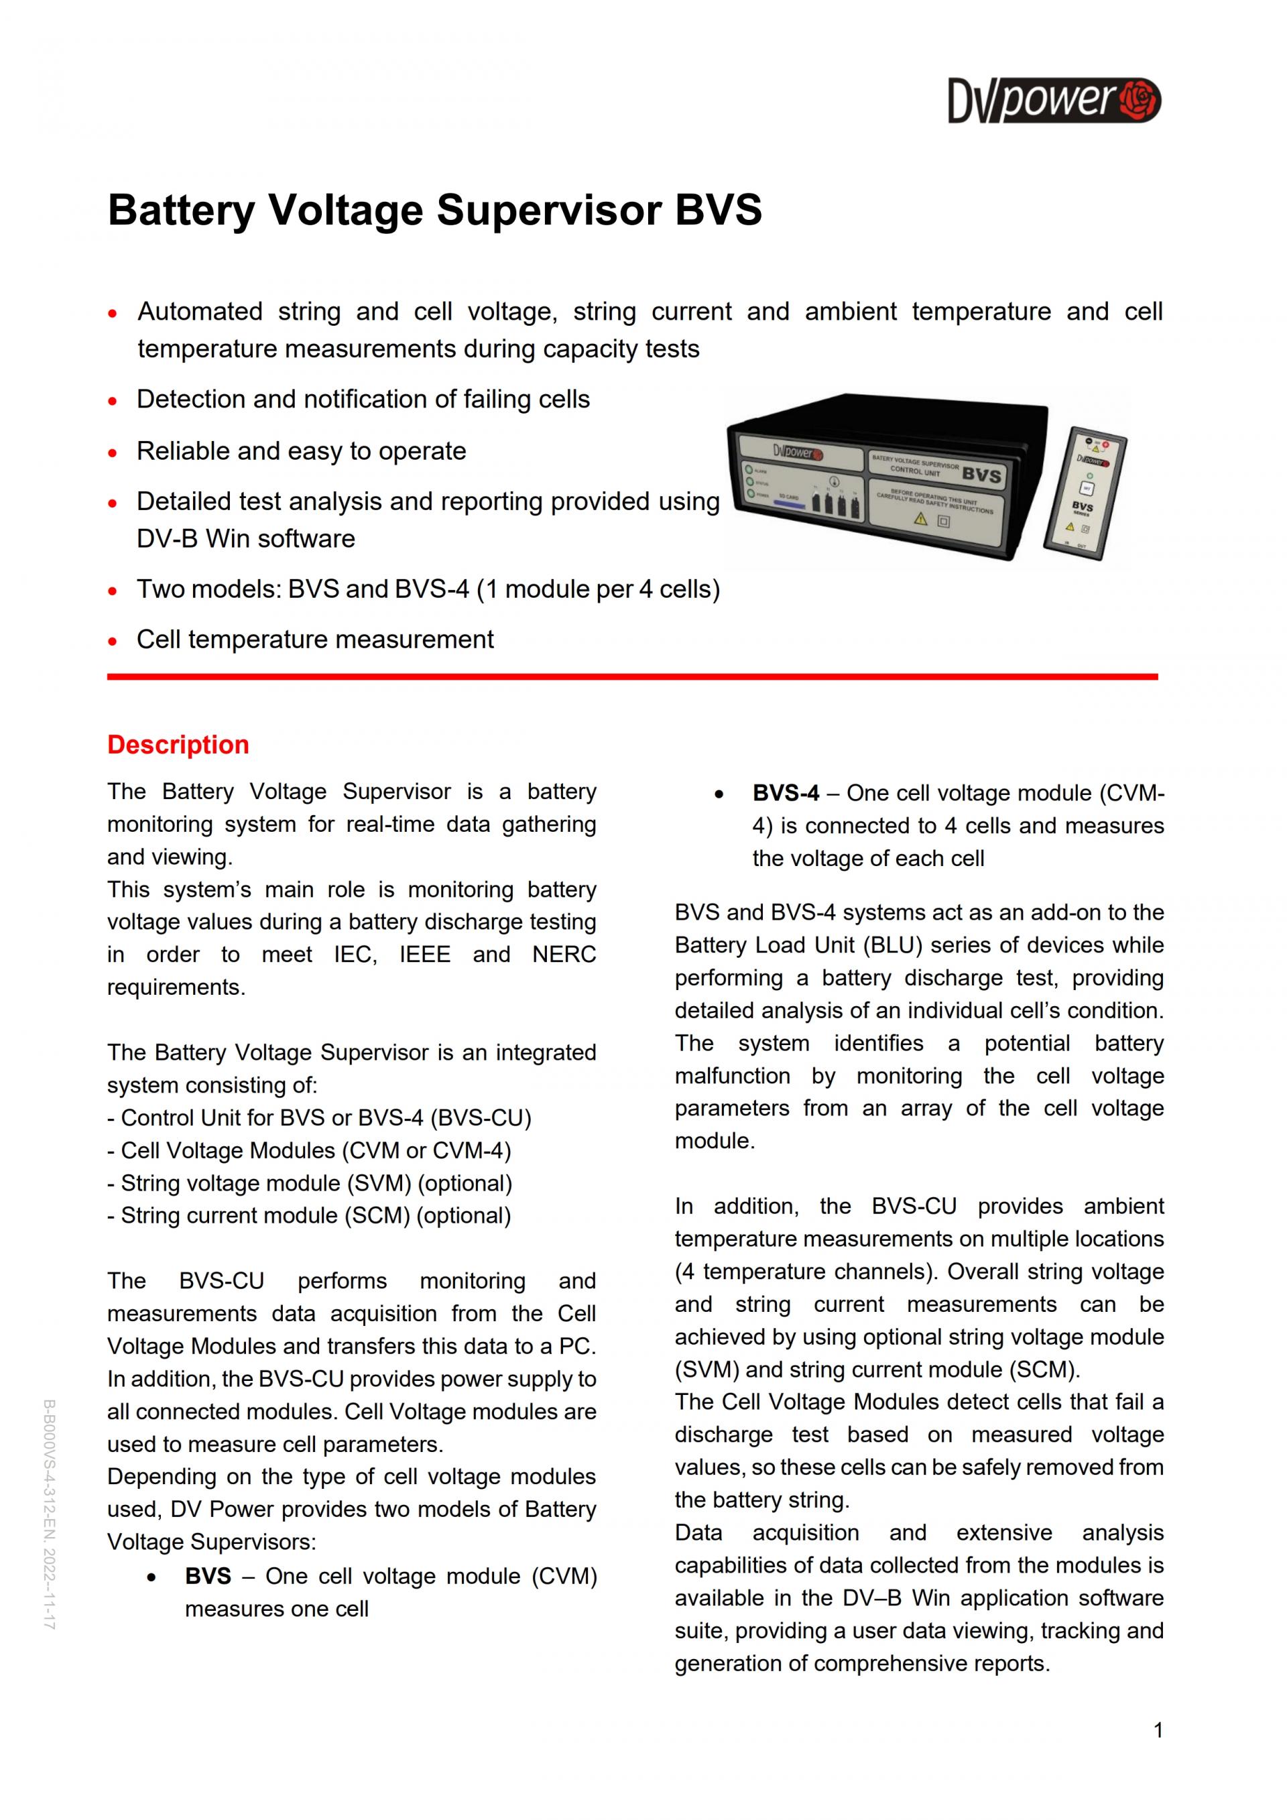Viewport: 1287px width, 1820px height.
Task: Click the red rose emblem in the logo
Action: coord(1141,100)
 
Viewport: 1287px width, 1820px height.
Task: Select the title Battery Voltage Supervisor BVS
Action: coord(434,210)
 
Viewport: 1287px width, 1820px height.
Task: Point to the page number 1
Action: coord(1158,1730)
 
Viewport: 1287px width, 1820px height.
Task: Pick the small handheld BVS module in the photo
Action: coord(1085,494)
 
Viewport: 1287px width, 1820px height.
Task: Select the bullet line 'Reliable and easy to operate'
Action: coord(301,451)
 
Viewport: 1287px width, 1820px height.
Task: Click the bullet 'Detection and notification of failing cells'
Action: coord(363,400)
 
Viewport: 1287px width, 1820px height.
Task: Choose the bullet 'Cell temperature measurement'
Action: coord(314,640)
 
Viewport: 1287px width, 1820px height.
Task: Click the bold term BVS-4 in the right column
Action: coord(786,794)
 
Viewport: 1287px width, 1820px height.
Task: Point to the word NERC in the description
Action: coord(564,955)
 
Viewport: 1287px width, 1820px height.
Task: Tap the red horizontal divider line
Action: coord(632,677)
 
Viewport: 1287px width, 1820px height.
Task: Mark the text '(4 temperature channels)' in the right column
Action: coord(807,1272)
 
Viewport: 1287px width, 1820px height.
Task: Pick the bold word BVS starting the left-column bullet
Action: coord(208,1577)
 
